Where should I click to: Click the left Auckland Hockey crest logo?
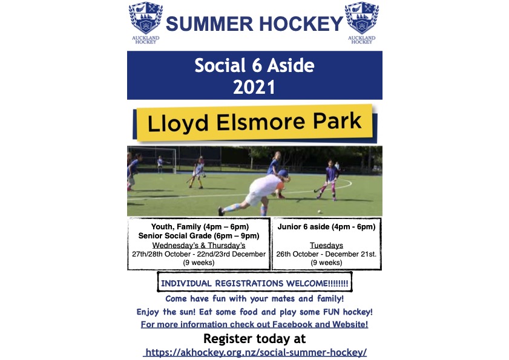146,22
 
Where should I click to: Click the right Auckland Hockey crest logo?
361,22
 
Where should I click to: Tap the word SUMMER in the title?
209,24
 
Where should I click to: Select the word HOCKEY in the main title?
301,24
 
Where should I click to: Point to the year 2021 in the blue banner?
254,87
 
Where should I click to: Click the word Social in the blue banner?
220,65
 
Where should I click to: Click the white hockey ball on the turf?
320,212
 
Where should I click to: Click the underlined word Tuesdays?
326,246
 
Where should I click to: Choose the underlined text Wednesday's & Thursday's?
199,246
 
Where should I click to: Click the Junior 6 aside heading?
326,226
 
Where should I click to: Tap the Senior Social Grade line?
199,236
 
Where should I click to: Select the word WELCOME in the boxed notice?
306,283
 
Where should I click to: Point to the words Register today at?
254,339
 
